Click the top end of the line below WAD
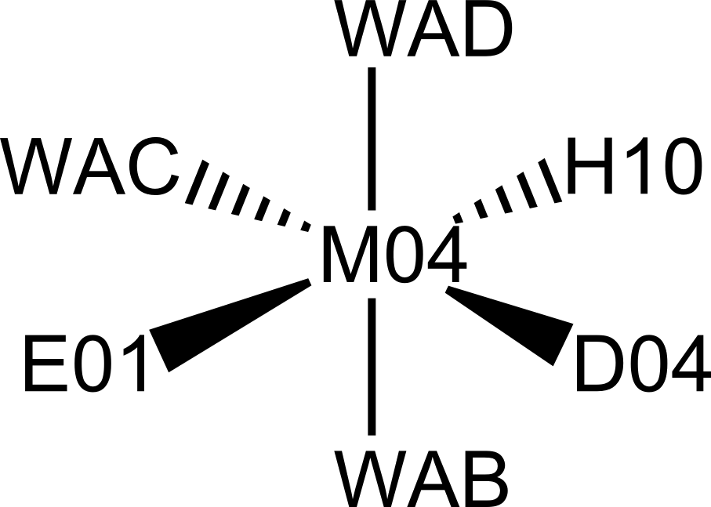[x=372, y=68]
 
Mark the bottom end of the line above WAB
[x=372, y=435]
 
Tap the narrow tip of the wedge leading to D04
[x=447, y=289]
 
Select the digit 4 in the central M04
[x=447, y=255]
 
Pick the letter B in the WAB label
[x=484, y=479]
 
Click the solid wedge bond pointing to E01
[x=230, y=325]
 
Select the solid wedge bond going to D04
[x=510, y=326]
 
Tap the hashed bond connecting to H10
[x=508, y=190]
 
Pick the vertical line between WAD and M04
[x=372, y=139]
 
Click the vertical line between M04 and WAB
[x=372, y=367]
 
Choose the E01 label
[x=85, y=364]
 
